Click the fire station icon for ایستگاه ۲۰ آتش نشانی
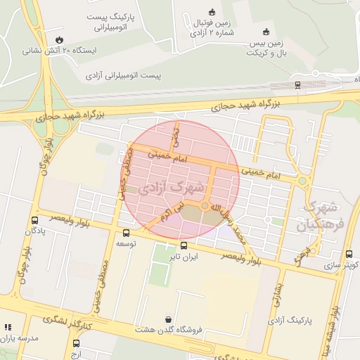[59, 39]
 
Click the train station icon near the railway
[297, 85]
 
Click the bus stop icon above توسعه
[127, 233]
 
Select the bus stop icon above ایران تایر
[184, 246]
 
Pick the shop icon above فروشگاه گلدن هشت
[167, 319]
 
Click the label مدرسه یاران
[20, 338]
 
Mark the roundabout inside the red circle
[205, 206]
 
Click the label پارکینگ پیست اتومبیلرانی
[108, 22]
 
